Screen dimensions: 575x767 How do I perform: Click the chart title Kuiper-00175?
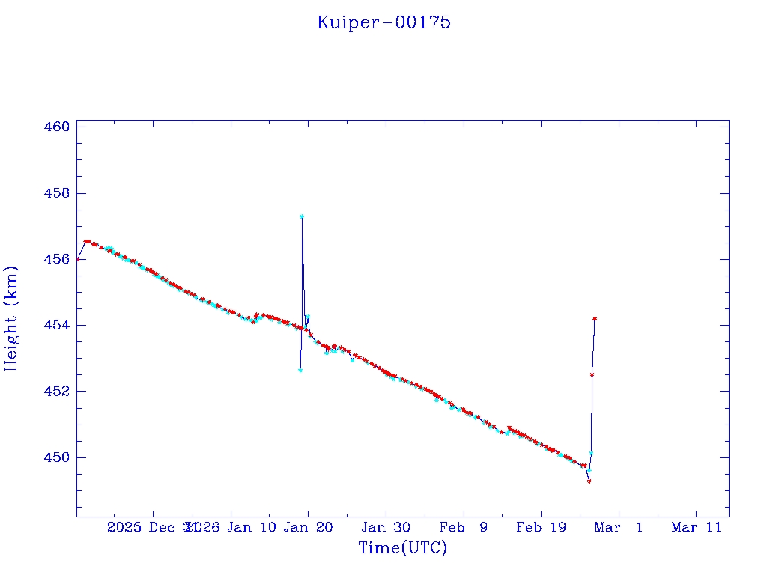pyautogui.click(x=383, y=22)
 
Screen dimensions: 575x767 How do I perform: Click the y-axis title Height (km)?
pyautogui.click(x=11, y=318)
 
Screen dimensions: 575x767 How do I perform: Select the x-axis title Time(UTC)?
pyautogui.click(x=403, y=548)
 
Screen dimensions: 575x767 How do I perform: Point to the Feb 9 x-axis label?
pyautogui.click(x=464, y=527)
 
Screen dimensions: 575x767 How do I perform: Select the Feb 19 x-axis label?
pyautogui.click(x=540, y=527)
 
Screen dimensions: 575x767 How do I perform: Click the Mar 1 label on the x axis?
pyautogui.click(x=619, y=527)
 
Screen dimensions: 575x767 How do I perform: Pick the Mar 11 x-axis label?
pyautogui.click(x=697, y=527)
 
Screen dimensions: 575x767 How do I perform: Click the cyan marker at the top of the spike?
pyautogui.click(x=302, y=216)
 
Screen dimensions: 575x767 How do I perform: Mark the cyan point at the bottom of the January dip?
pyautogui.click(x=300, y=371)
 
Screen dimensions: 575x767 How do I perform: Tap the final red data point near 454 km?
pyautogui.click(x=595, y=319)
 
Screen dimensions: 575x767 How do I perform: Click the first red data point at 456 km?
pyautogui.click(x=78, y=259)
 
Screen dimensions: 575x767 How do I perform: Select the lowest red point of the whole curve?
pyautogui.click(x=589, y=481)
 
